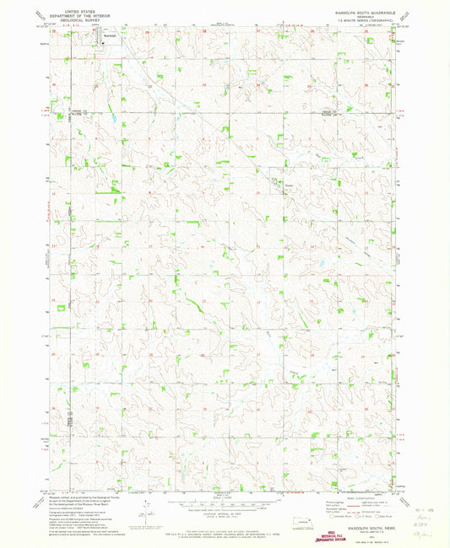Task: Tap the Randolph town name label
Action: pyautogui.click(x=107, y=35)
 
